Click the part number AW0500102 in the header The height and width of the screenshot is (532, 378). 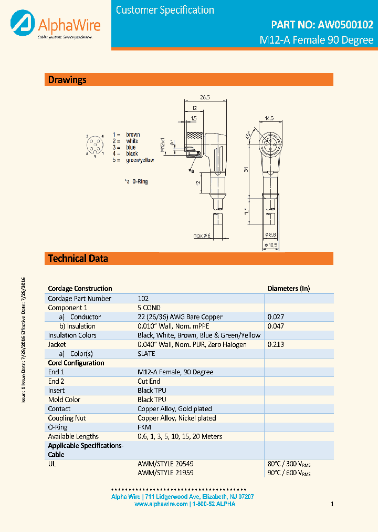pos(344,24)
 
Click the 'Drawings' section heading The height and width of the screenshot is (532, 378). pos(67,80)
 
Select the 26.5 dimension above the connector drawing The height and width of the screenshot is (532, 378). pos(205,97)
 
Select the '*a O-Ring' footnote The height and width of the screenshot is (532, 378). pos(136,181)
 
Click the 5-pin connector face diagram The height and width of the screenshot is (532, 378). pos(95,146)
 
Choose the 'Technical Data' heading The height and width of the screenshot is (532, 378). pos(78,258)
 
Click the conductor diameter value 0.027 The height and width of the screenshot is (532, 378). pos(275,317)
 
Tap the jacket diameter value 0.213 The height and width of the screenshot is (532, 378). pos(275,344)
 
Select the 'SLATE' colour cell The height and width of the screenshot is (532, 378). pos(146,354)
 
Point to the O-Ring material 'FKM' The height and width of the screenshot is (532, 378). pos(144,427)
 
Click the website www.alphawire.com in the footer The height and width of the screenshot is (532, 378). pos(161,504)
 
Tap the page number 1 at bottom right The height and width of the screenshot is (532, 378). pos(332,505)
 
